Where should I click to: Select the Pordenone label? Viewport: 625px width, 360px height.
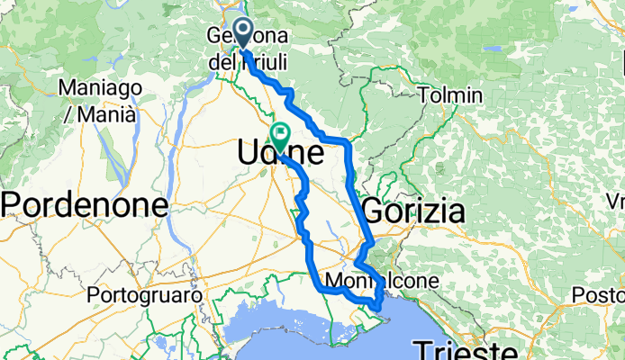point(86,205)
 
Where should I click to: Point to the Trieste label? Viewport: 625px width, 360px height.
point(466,349)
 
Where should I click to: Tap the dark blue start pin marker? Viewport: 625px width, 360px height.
point(242,32)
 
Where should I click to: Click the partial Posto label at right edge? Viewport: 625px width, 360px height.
point(602,294)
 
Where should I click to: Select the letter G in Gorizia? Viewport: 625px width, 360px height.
point(373,212)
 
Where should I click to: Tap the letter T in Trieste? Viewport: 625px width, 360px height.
point(421,350)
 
